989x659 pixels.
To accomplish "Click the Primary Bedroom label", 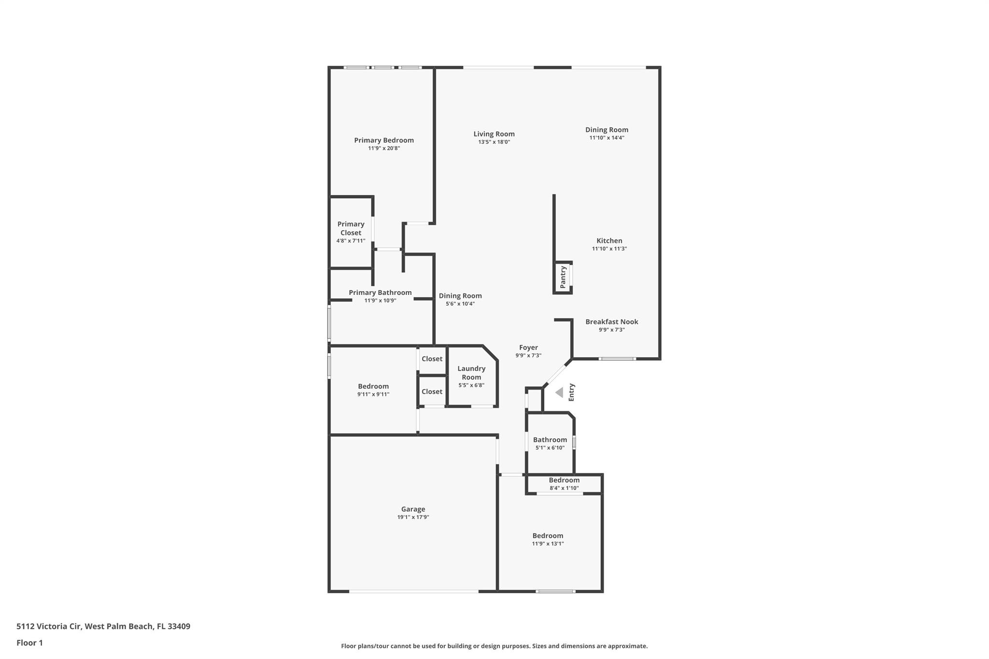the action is tap(384, 140).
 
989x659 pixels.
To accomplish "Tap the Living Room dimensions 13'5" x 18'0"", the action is tap(494, 142).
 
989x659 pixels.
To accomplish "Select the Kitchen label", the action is tap(609, 241).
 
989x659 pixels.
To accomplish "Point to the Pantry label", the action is tap(563, 278).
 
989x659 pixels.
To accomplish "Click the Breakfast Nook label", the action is tap(612, 322).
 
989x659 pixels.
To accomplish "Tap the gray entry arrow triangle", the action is tap(559, 393).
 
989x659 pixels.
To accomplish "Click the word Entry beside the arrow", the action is tap(572, 393).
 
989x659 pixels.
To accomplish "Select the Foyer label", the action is tap(528, 348).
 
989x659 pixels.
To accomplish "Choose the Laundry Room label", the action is tap(471, 373).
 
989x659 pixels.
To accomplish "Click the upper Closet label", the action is tap(432, 359).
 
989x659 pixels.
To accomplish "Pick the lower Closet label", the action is tap(432, 392).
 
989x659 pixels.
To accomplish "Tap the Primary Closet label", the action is tap(351, 228).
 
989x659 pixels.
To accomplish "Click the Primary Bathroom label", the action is tap(380, 293).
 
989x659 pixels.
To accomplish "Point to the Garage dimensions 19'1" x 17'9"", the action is tap(413, 517).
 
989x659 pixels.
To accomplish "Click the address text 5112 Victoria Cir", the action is tap(49, 626).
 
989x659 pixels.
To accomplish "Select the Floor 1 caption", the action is tap(29, 643).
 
